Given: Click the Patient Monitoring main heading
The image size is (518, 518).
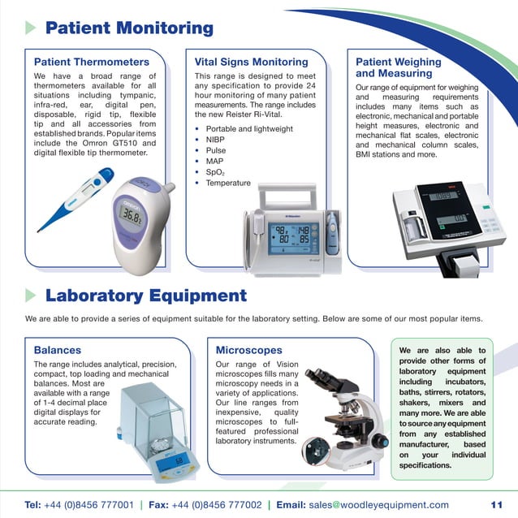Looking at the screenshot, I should [129, 28].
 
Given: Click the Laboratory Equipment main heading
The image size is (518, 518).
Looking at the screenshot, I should [145, 295].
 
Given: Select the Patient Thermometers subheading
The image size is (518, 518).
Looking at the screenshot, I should [91, 62].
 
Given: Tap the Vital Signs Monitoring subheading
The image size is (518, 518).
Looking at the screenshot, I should [251, 62].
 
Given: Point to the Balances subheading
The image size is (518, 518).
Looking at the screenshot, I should [58, 350].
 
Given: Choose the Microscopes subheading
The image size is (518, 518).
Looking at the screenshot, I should [248, 350].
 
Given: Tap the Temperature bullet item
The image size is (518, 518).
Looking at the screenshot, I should [228, 183].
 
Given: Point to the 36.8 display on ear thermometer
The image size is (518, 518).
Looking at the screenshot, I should [131, 214].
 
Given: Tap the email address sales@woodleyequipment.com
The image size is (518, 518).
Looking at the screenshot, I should [378, 504].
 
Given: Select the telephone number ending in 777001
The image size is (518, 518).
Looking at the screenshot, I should [89, 504].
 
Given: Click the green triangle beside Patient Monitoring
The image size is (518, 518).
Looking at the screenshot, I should [31, 28].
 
